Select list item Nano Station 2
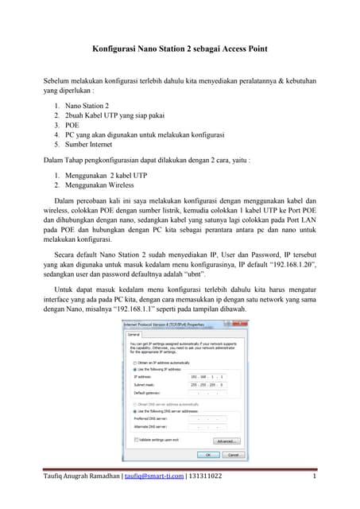[88, 105]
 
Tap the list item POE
[72, 125]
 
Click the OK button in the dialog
[208, 455]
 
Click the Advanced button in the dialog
[225, 441]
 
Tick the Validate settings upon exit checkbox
[136, 440]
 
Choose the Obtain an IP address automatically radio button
[134, 363]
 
